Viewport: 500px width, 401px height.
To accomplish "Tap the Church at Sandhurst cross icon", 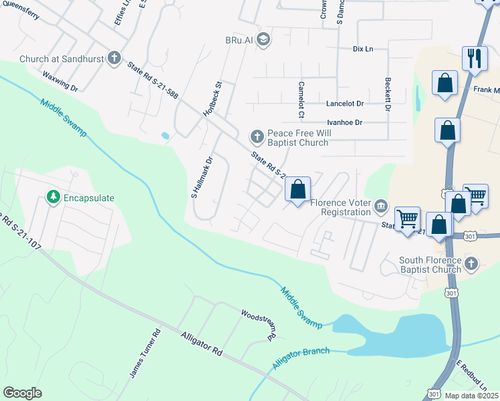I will (x=114, y=58).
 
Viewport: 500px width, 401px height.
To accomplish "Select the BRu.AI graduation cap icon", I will (x=263, y=39).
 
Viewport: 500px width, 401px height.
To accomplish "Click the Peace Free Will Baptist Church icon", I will (x=257, y=137).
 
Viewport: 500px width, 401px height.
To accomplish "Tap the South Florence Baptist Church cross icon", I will (x=471, y=263).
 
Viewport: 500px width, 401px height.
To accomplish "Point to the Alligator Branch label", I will (x=301, y=359).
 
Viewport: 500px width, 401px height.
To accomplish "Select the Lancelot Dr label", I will (x=345, y=104).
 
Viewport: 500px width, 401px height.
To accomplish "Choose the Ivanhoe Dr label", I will (x=344, y=122).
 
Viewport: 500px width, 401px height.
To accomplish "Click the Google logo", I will (x=22, y=392).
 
